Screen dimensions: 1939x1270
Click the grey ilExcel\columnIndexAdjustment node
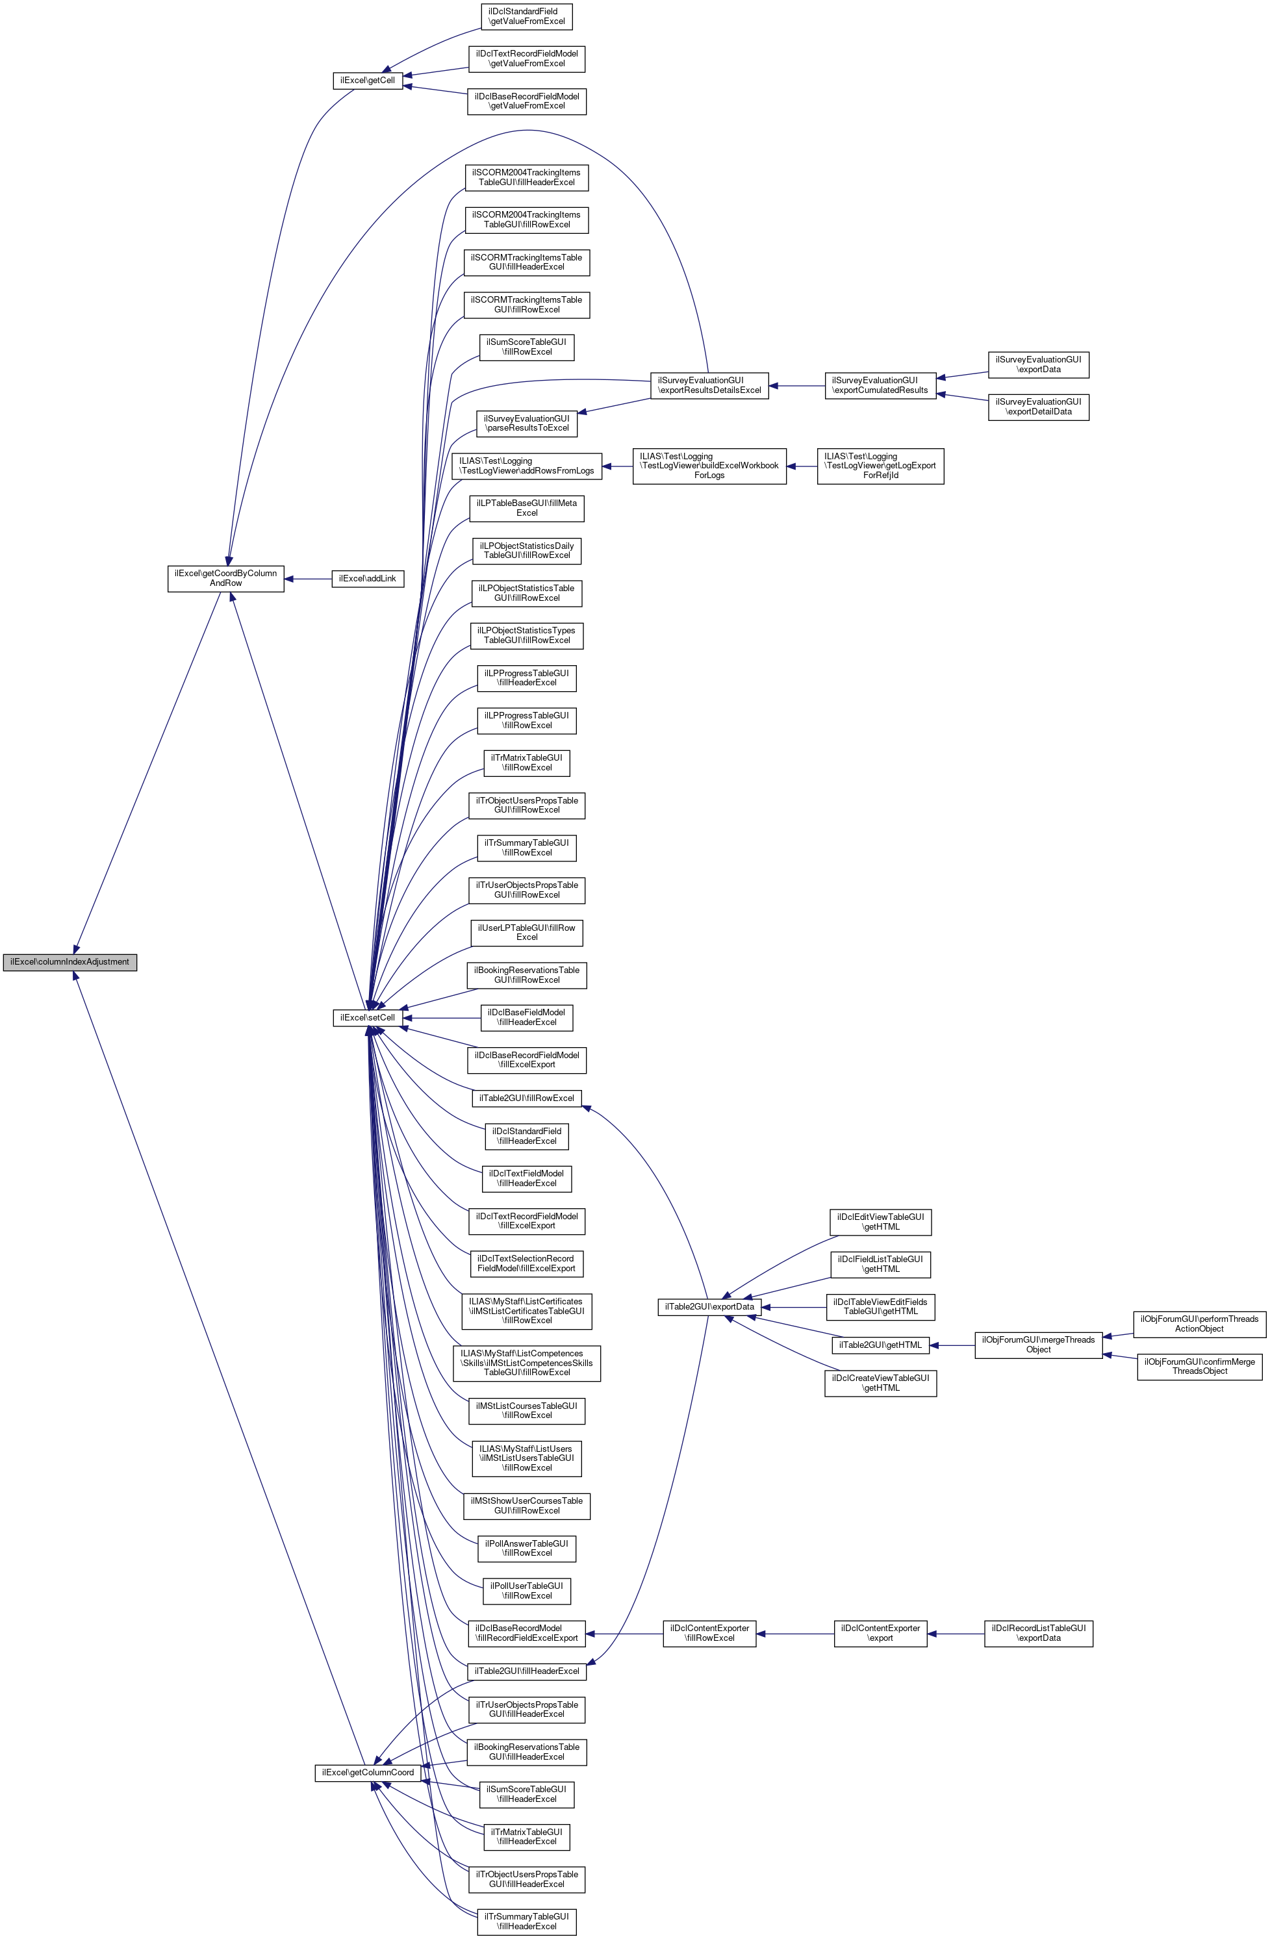tap(70, 962)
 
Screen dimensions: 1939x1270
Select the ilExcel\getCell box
tap(368, 81)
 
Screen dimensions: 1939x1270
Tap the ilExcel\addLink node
tap(368, 578)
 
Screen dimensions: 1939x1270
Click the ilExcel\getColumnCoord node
tap(368, 1772)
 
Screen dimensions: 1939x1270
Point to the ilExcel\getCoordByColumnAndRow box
tap(225, 578)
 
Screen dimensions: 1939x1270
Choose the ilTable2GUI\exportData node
tap(709, 1307)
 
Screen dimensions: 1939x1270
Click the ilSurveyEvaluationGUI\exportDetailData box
tap(1038, 407)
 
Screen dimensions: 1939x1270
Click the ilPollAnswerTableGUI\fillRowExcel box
tap(526, 1548)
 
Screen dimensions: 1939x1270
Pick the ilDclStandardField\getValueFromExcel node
tap(526, 16)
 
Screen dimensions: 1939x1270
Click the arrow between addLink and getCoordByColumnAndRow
tap(308, 578)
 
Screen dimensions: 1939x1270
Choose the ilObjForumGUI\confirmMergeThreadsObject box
tap(1199, 1366)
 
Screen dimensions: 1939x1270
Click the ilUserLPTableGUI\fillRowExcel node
tap(526, 932)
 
